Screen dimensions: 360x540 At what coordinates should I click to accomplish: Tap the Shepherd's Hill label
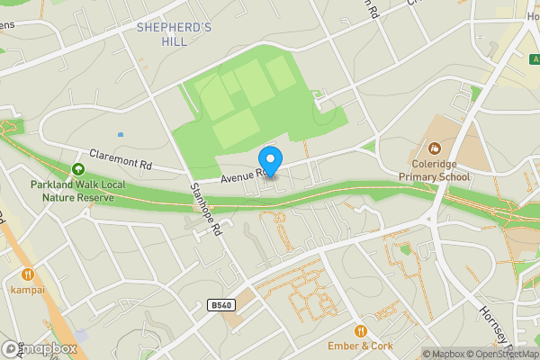pos(174,35)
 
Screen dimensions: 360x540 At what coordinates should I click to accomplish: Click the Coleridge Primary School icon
pos(435,148)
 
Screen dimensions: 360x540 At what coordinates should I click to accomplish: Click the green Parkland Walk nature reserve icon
pos(78,168)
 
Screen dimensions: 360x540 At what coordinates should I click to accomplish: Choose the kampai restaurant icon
pos(28,274)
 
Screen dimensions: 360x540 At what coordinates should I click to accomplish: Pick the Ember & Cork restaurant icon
pos(361,330)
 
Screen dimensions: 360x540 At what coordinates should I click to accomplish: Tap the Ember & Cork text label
pos(361,346)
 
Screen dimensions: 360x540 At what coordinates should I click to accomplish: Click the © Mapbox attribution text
pos(443,354)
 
